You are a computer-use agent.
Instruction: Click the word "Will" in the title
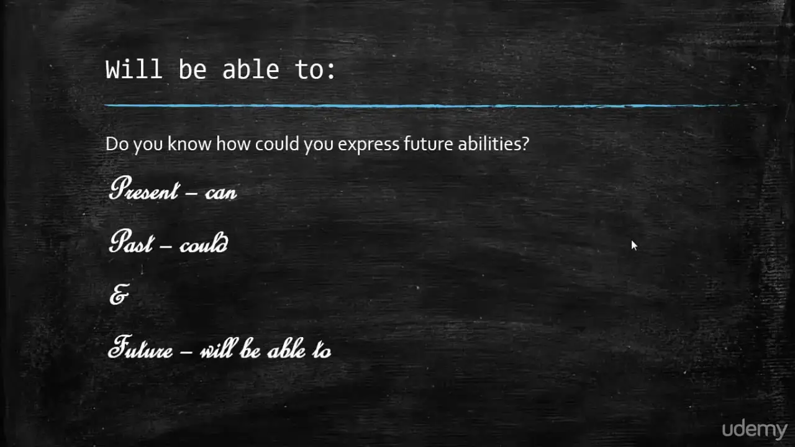pyautogui.click(x=134, y=69)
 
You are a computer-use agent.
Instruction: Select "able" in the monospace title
pyautogui.click(x=250, y=69)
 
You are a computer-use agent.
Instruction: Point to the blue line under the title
pyautogui.click(x=440, y=106)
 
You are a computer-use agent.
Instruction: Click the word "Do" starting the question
pyautogui.click(x=117, y=144)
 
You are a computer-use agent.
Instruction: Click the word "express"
pyautogui.click(x=368, y=145)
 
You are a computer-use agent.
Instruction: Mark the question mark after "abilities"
pyautogui.click(x=525, y=143)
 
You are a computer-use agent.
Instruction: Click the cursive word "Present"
pyautogui.click(x=143, y=188)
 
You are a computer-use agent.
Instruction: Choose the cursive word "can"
pyautogui.click(x=220, y=192)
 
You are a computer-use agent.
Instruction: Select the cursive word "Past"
pyautogui.click(x=131, y=242)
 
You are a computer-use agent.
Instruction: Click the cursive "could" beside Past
pyautogui.click(x=204, y=243)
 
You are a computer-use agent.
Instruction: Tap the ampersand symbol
pyautogui.click(x=119, y=294)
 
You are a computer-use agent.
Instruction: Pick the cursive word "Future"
pyautogui.click(x=140, y=346)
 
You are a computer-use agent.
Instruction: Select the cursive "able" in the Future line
pyautogui.click(x=286, y=348)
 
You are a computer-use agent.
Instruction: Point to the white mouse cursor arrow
pyautogui.click(x=634, y=245)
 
